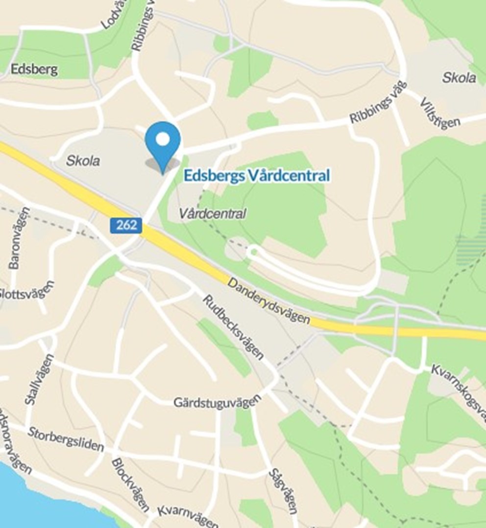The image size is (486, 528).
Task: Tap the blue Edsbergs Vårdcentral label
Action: (257, 176)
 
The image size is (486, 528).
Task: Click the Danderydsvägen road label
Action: (268, 302)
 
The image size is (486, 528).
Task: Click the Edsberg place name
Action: (34, 69)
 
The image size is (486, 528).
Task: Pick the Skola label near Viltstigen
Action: (459, 77)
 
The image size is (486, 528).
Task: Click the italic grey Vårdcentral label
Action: (212, 213)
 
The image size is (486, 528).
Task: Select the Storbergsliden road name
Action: (66, 439)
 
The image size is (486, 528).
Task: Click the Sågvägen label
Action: (283, 491)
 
